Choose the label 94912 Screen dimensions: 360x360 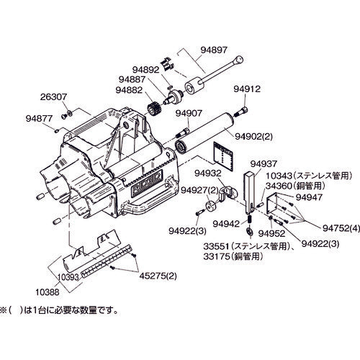coord(246,89)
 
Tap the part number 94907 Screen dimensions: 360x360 coord(190,112)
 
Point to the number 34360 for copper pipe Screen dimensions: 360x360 coord(281,185)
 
